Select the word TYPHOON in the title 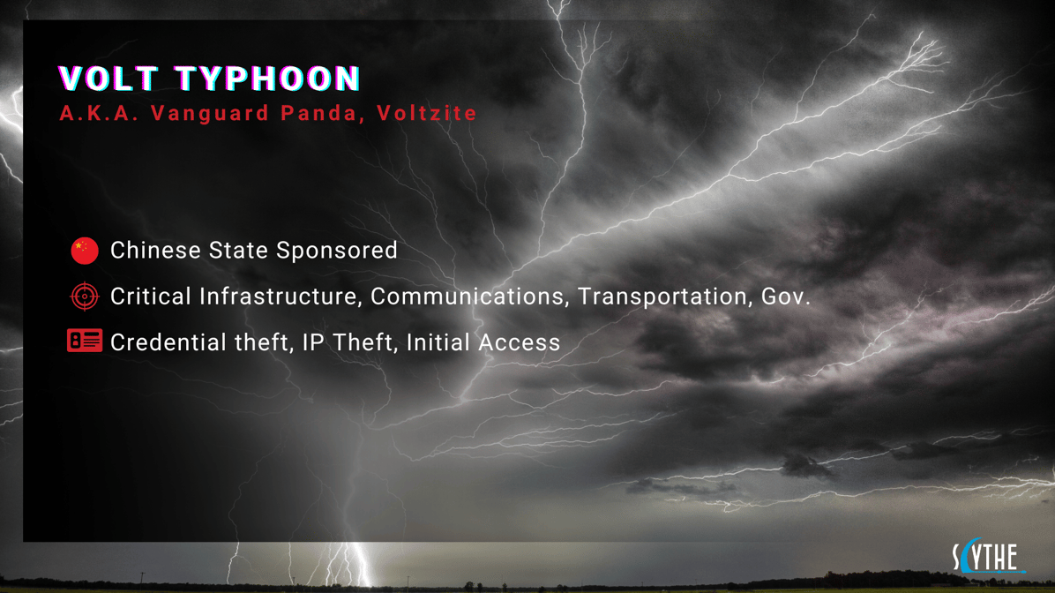click(268, 79)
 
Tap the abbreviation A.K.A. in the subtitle click(99, 114)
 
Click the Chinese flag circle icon click(85, 251)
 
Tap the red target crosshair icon click(85, 296)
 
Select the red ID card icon click(85, 342)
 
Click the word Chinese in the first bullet click(155, 251)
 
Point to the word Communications click(469, 296)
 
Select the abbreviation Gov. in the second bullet click(785, 296)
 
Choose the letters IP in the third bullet click(312, 342)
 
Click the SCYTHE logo click(988, 557)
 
